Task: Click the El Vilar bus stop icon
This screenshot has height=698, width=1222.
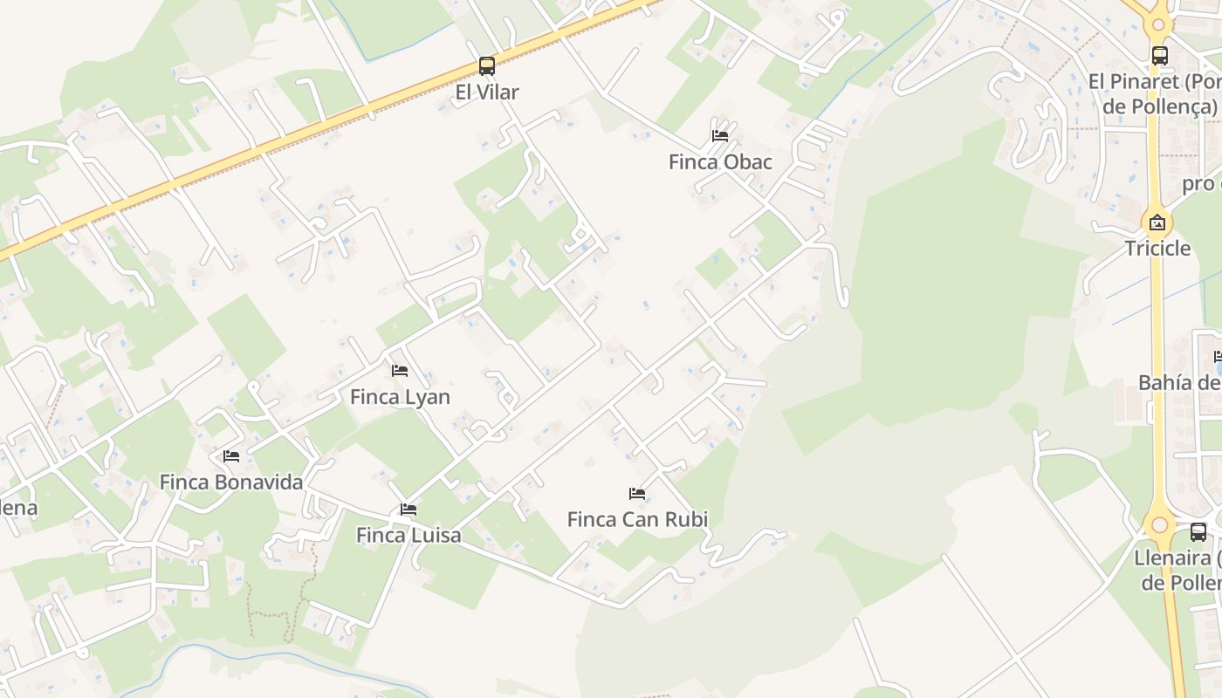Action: pyautogui.click(x=486, y=66)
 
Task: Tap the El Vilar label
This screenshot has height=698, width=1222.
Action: pyautogui.click(x=486, y=92)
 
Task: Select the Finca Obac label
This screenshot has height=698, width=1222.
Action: pyautogui.click(x=720, y=161)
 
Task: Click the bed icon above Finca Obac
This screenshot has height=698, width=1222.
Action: pyautogui.click(x=720, y=136)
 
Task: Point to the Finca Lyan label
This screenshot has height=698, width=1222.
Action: pyautogui.click(x=400, y=397)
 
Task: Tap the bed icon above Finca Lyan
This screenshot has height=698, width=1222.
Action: pyautogui.click(x=400, y=371)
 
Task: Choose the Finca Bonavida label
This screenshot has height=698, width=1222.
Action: pyautogui.click(x=231, y=482)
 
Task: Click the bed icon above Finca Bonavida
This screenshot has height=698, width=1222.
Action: pyautogui.click(x=231, y=456)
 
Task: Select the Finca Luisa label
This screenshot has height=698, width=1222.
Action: pyautogui.click(x=408, y=535)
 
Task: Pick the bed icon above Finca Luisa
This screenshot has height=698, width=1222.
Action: pyautogui.click(x=408, y=510)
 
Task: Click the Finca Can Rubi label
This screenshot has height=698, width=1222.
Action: pyautogui.click(x=637, y=519)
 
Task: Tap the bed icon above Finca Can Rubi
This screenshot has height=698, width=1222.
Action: pyautogui.click(x=637, y=494)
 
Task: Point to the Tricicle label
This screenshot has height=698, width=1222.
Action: pyautogui.click(x=1157, y=248)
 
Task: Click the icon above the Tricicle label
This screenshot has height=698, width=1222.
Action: pyautogui.click(x=1157, y=222)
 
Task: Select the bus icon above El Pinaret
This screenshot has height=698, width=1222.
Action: pyautogui.click(x=1160, y=56)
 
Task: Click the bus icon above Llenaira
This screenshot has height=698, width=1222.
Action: pyautogui.click(x=1198, y=532)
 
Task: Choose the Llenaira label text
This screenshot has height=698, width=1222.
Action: pyautogui.click(x=1177, y=570)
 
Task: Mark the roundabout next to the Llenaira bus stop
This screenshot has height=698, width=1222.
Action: pyautogui.click(x=1159, y=525)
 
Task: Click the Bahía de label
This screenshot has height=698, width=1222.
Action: pyautogui.click(x=1179, y=382)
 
